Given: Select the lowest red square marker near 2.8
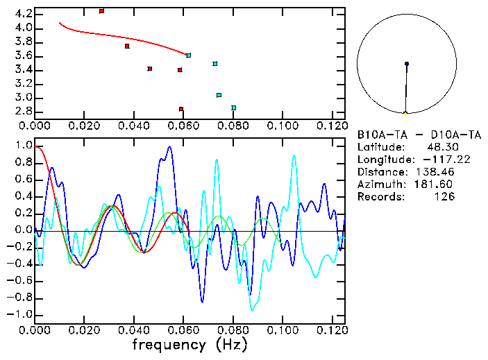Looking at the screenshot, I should (181, 109).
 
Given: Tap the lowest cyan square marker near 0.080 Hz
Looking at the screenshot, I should (234, 108).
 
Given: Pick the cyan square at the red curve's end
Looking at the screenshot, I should (189, 55).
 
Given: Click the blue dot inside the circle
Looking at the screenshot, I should (407, 64).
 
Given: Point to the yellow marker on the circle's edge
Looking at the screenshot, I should (405, 112).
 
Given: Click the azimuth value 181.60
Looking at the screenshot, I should (436, 185).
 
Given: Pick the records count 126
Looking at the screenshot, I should (444, 197).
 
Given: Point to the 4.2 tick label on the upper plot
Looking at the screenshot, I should (22, 14).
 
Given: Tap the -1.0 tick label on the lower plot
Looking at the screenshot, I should (19, 314).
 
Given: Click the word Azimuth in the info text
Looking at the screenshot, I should (379, 185).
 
